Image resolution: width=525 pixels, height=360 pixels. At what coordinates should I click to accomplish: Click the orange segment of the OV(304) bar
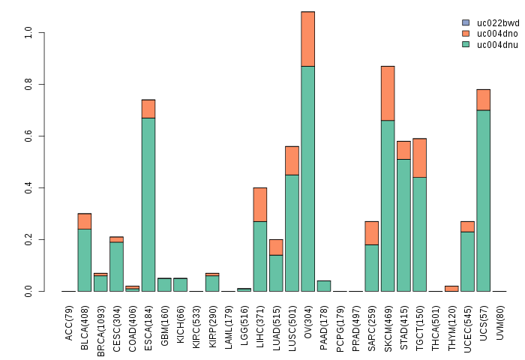(307, 39)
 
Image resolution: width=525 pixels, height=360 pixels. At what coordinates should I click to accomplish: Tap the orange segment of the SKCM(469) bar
(388, 93)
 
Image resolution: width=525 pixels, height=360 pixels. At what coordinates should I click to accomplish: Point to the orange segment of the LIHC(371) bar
(260, 204)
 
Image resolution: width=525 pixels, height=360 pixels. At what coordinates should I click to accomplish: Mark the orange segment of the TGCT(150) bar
(419, 157)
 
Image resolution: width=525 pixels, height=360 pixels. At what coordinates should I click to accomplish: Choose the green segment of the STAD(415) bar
(403, 225)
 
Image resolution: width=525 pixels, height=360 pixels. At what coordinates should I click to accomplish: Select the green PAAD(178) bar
(324, 286)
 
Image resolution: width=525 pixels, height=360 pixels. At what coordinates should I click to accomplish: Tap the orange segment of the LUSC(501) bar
(292, 160)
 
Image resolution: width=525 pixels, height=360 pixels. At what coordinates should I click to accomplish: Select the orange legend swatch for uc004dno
(466, 34)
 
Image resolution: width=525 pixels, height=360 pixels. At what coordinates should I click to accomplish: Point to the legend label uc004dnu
(498, 44)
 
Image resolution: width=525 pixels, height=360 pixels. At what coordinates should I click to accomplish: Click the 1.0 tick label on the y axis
(28, 33)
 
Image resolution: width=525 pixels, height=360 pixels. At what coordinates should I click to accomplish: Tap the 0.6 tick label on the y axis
(28, 136)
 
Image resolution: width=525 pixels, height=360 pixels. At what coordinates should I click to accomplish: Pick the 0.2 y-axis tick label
(28, 240)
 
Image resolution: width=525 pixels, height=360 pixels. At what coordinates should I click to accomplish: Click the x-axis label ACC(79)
(69, 323)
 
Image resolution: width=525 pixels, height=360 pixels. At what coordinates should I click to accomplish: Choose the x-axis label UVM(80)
(499, 323)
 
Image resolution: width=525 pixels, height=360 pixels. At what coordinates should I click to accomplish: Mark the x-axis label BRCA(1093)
(101, 329)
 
